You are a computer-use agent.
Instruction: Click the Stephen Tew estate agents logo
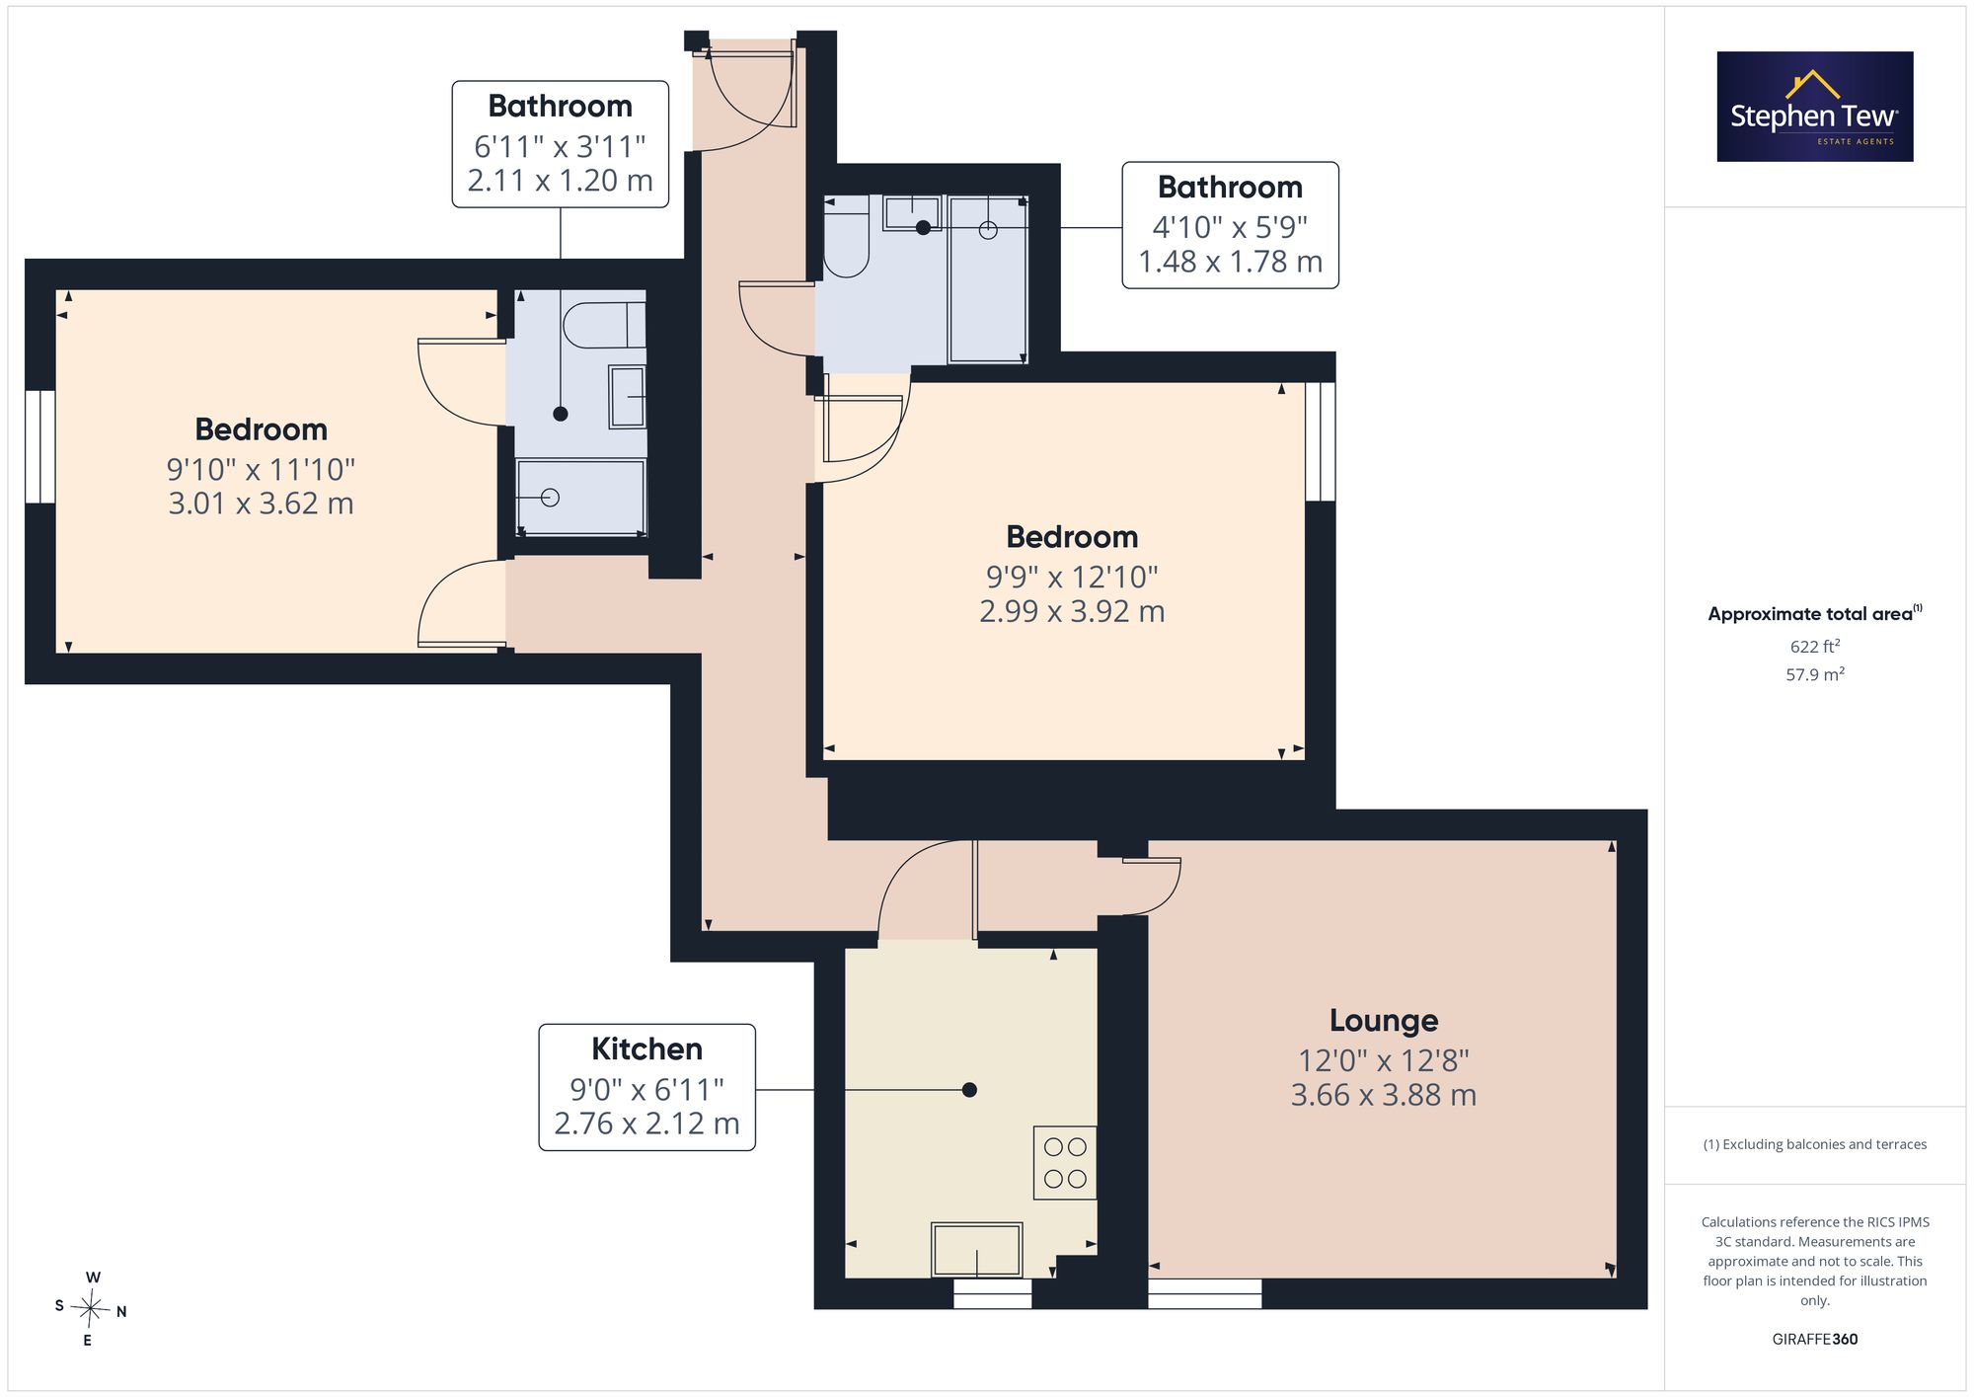(1815, 107)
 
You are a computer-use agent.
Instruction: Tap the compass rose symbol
(91, 1309)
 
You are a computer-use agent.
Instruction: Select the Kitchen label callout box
(647, 1087)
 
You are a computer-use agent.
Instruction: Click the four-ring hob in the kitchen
(1065, 1163)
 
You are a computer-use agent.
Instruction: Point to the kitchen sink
(977, 1249)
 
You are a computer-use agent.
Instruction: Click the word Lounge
(1384, 1020)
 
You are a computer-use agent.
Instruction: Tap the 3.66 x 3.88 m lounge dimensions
(1384, 1094)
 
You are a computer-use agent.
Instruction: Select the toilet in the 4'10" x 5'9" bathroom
(846, 236)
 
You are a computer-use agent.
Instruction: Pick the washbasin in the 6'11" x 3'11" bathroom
(627, 397)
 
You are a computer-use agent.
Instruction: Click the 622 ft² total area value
(1815, 647)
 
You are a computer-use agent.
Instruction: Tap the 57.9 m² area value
(1815, 674)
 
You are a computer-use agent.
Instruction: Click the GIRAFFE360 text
(1815, 1339)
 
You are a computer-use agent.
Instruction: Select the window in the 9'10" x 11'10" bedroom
(40, 446)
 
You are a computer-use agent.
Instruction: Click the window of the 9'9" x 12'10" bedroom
(1321, 441)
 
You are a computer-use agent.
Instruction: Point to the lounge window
(1205, 1293)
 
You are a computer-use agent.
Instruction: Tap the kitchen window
(993, 1293)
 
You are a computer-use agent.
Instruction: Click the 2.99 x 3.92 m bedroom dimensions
(1072, 611)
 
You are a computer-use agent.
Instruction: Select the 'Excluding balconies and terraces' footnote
(1815, 1144)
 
